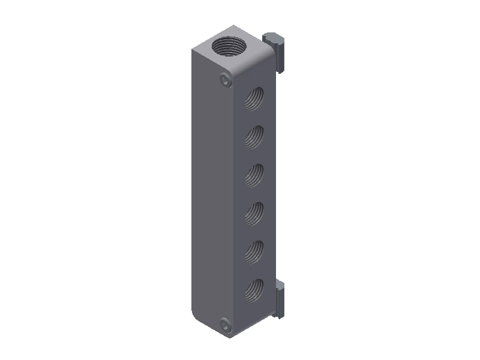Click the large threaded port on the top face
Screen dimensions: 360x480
click(x=228, y=46)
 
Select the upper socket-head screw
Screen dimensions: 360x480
click(x=225, y=79)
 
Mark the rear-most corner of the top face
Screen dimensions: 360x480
click(x=233, y=26)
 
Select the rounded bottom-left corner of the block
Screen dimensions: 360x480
click(x=195, y=317)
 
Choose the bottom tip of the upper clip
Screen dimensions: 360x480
click(x=280, y=71)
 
